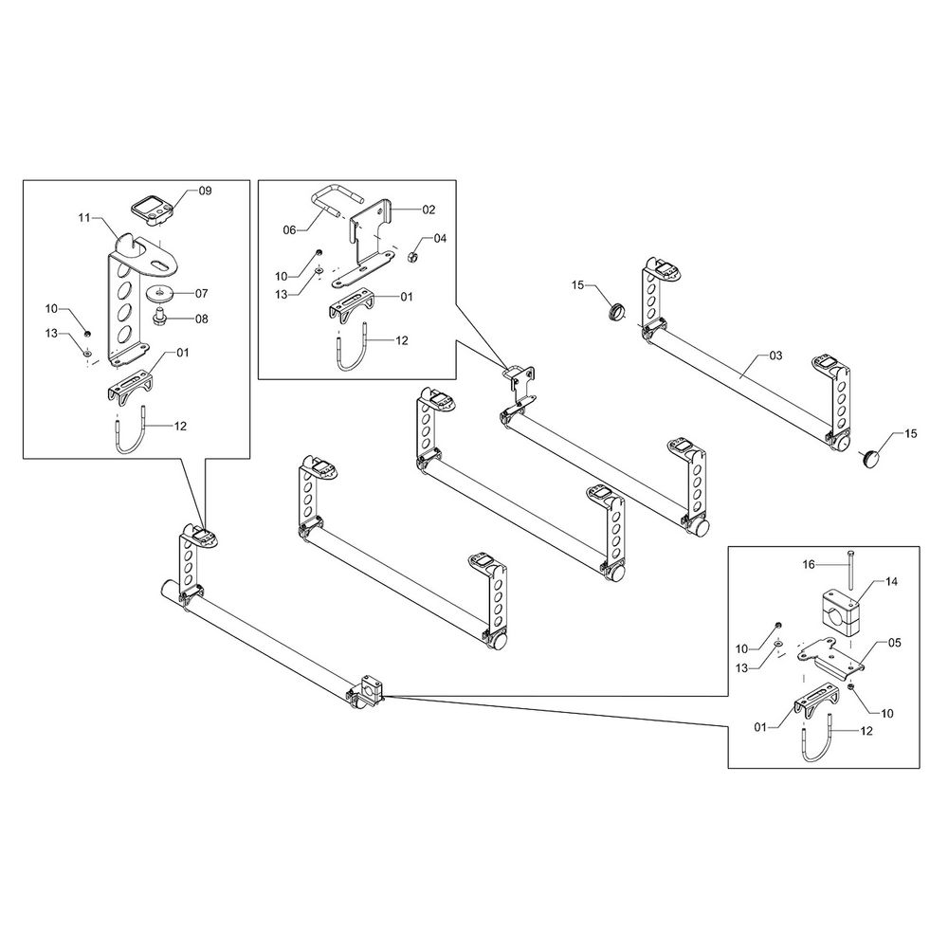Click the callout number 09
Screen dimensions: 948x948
tap(205, 191)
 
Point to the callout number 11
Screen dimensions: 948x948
tap(83, 218)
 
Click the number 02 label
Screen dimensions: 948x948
tap(428, 208)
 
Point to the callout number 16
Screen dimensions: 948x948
tap(809, 564)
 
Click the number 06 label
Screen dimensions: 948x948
tap(291, 230)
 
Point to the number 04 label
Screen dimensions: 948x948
tap(439, 238)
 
